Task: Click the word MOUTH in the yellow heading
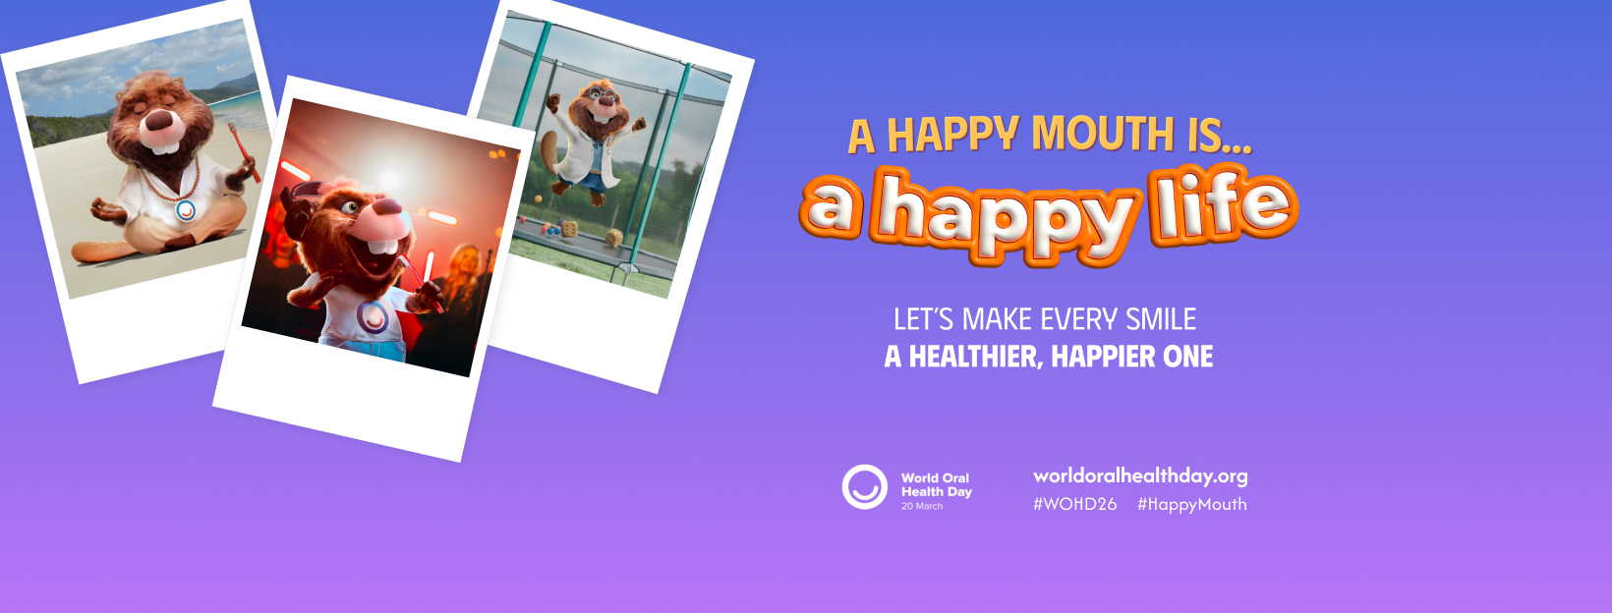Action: tap(1102, 133)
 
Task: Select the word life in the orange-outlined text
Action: tap(1224, 204)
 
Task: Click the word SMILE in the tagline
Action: tap(1161, 319)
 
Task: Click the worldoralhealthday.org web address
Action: tap(1140, 476)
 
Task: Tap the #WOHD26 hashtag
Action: tap(1075, 504)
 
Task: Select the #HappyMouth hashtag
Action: tap(1191, 504)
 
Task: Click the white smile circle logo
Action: tap(864, 487)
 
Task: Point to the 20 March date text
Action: tap(922, 507)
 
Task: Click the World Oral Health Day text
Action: tap(937, 485)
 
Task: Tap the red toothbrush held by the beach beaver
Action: tap(244, 151)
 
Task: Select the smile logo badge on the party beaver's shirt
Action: tap(374, 316)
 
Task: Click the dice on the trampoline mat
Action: tap(568, 230)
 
